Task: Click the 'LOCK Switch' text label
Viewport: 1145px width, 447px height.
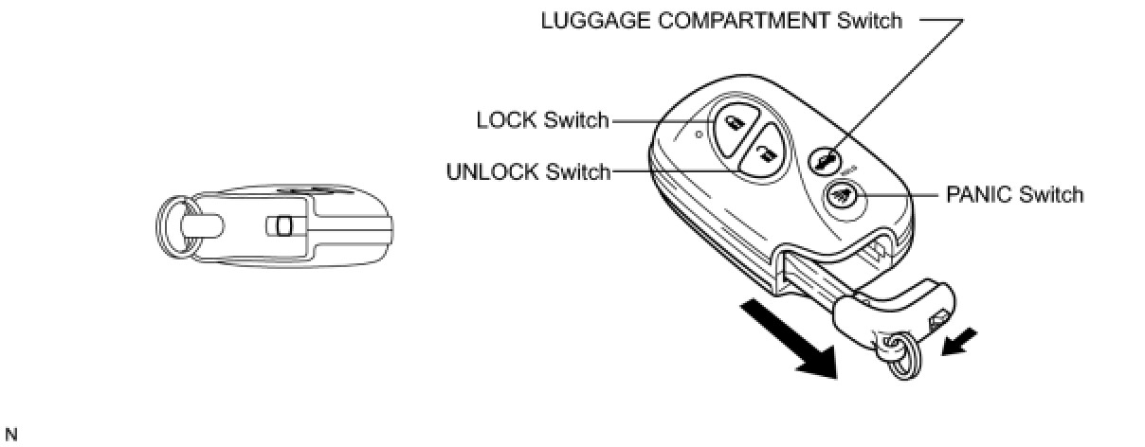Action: click(x=542, y=120)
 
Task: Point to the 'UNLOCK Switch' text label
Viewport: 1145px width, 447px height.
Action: click(x=528, y=171)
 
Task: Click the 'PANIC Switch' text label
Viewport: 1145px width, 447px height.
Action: click(x=1014, y=195)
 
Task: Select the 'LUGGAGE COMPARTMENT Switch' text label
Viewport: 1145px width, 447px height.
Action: click(x=721, y=20)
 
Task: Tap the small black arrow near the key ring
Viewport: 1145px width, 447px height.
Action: click(x=960, y=343)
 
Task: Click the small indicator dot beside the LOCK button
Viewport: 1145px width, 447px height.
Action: click(x=699, y=134)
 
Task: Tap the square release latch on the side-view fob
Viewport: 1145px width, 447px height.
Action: click(x=281, y=226)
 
